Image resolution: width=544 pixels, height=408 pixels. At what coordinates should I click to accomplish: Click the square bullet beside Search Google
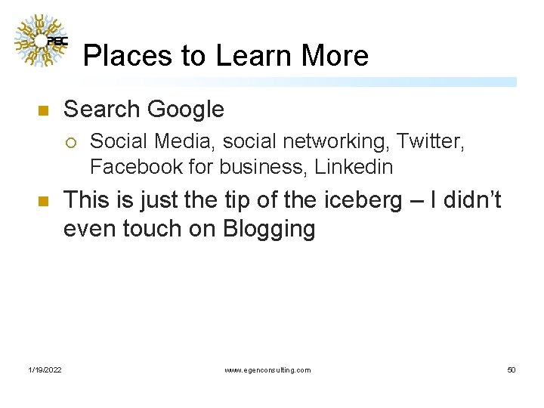pyautogui.click(x=42, y=111)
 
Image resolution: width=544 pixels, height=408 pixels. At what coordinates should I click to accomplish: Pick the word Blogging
pyautogui.click(x=269, y=228)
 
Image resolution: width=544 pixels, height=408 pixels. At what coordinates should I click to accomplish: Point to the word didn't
pyautogui.click(x=468, y=201)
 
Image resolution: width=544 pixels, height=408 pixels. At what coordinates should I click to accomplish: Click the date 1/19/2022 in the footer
pyautogui.click(x=45, y=370)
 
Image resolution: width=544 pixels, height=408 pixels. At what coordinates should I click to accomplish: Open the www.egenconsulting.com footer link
pyautogui.click(x=267, y=370)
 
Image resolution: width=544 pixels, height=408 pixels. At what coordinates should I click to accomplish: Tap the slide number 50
pyautogui.click(x=512, y=370)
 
